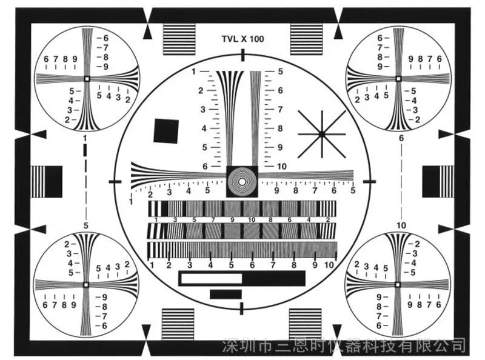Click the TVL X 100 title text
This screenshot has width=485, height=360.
[x=243, y=39]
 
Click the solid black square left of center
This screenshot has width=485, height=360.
[x=166, y=131]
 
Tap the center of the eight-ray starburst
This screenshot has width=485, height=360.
[x=322, y=134]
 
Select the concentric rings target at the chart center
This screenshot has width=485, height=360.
[x=242, y=181]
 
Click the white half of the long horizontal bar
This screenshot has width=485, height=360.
[x=211, y=278]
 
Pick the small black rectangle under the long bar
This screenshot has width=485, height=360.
[x=226, y=294]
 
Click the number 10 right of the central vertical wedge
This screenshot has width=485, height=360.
[x=281, y=167]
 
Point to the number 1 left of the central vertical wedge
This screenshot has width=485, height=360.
[x=193, y=72]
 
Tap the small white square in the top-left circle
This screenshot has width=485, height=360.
[x=87, y=79]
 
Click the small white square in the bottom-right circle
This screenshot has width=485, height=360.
[x=398, y=284]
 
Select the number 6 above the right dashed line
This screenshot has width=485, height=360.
[x=401, y=138]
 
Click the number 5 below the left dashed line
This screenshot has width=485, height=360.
[x=86, y=225]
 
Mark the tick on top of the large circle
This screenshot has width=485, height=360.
[x=243, y=55]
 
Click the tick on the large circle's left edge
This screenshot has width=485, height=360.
[x=115, y=181]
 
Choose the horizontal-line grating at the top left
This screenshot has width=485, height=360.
[x=179, y=39]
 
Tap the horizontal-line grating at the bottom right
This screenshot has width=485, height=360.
[x=306, y=324]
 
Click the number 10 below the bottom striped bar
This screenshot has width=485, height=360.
[x=329, y=265]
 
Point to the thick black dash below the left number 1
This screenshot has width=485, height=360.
[x=85, y=150]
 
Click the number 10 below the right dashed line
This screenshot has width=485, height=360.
[x=401, y=225]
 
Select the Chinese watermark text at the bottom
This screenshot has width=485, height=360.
[x=344, y=345]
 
